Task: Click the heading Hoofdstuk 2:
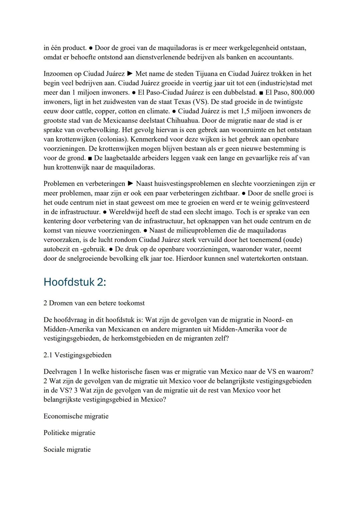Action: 75,282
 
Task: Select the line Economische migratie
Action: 76,416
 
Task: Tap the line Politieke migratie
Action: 69,433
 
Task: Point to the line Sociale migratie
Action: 67,450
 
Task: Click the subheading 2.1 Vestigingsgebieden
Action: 77,355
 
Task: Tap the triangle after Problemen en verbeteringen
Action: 131,184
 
